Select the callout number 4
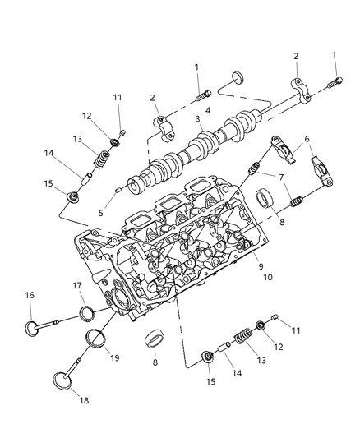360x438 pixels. [208, 110]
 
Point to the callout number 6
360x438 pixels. [308, 141]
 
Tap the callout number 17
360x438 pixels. [77, 285]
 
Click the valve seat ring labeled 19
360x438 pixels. [97, 339]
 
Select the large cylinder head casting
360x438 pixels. [173, 263]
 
